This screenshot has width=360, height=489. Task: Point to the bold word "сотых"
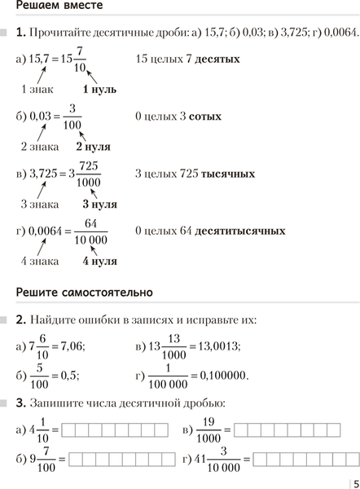tap(204, 117)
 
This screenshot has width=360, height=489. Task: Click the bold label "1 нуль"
tap(99, 89)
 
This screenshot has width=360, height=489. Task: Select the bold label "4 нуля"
tap(99, 262)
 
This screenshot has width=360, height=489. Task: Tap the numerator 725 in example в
tap(90, 165)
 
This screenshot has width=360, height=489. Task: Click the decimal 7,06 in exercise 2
tap(72, 346)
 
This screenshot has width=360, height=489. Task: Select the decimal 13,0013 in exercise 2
tap(219, 346)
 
